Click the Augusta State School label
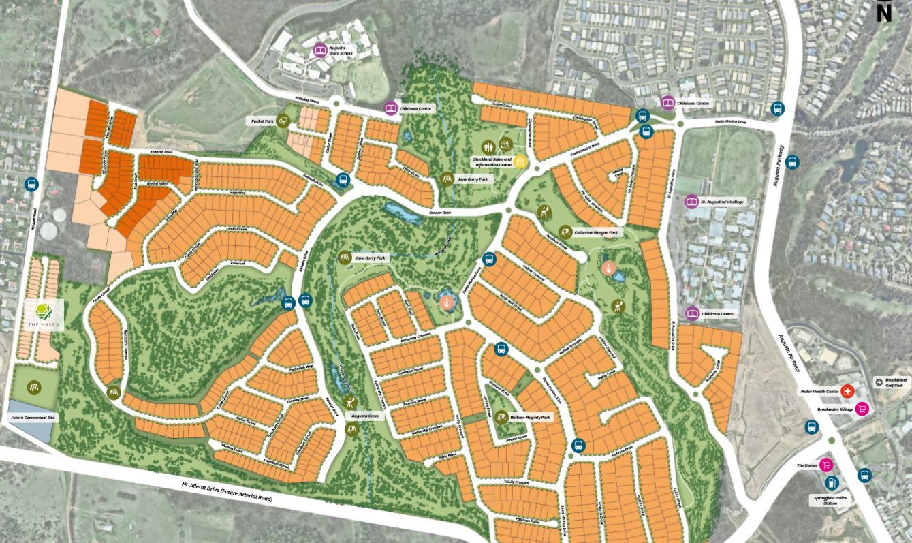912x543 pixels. (x=341, y=50)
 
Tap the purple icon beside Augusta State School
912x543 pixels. (x=320, y=50)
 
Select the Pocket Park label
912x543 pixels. (x=262, y=121)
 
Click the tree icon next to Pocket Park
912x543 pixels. (x=283, y=121)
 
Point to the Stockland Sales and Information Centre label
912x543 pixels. (x=492, y=161)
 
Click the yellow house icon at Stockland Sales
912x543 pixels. (x=520, y=161)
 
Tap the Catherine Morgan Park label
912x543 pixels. (x=595, y=232)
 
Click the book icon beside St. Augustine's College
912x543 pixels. (x=691, y=202)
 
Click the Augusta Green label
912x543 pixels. (x=365, y=415)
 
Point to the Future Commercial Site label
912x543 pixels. (x=33, y=417)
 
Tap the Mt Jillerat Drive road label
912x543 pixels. (x=227, y=491)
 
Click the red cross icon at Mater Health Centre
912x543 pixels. (x=847, y=392)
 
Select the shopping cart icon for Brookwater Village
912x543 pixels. (x=862, y=409)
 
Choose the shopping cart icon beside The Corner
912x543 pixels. (x=826, y=465)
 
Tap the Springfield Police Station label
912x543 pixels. (x=830, y=500)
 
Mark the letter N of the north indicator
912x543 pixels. (x=883, y=13)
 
